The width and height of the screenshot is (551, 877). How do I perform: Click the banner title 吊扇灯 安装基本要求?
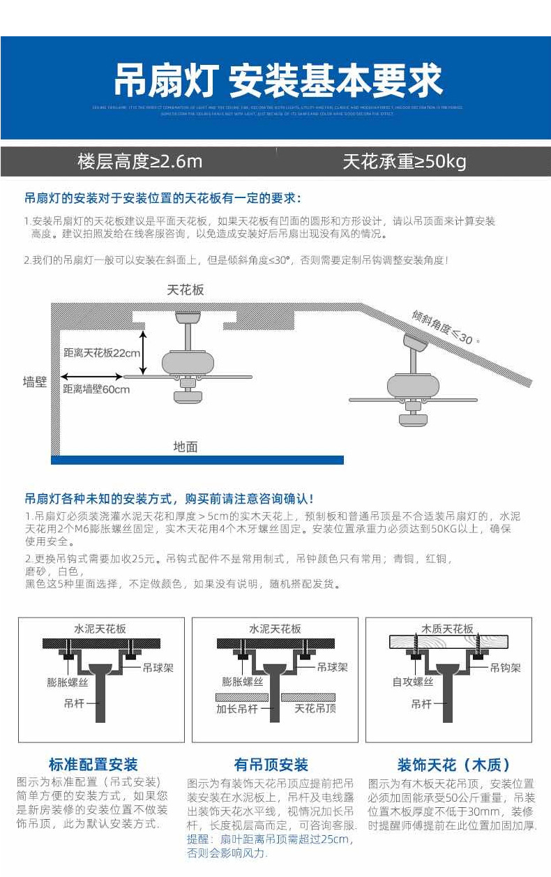click(x=278, y=81)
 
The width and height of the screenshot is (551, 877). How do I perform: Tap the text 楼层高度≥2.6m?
click(x=139, y=162)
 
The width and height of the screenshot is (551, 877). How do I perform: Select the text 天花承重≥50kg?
click(x=405, y=162)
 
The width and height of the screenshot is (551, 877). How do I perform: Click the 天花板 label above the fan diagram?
click(x=186, y=290)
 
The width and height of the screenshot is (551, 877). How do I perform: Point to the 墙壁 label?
click(x=34, y=382)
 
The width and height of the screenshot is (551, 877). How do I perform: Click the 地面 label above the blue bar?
click(x=186, y=447)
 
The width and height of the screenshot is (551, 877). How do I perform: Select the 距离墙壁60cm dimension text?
click(x=96, y=389)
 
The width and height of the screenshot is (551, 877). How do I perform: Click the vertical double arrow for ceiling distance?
click(x=144, y=352)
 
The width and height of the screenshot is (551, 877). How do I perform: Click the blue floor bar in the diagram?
click(x=197, y=460)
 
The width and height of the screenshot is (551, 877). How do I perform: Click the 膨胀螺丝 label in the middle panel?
click(x=243, y=682)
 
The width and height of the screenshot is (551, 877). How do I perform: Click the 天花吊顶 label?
click(x=315, y=709)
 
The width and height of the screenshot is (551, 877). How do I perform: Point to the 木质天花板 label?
click(x=447, y=629)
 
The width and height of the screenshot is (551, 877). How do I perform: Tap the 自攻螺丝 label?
click(x=413, y=682)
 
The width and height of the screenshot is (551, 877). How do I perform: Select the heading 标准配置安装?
click(x=93, y=765)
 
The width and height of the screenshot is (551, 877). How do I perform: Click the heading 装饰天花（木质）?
click(x=454, y=765)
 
